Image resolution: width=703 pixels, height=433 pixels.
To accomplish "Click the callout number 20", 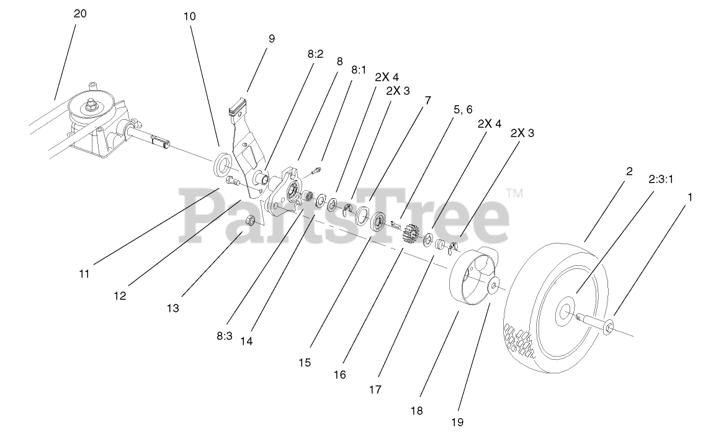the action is tap(80, 13).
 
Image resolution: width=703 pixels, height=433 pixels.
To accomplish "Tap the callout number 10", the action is tap(190, 16).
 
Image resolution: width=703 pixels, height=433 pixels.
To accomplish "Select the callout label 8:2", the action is tap(315, 54).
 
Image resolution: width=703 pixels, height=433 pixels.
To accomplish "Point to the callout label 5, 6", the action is tap(463, 109).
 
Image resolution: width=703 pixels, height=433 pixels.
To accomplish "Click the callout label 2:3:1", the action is tap(661, 180).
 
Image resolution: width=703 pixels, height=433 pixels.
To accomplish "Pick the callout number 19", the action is tap(457, 422).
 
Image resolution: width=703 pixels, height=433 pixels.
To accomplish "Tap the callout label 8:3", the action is tap(224, 336).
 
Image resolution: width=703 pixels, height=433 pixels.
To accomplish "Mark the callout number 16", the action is tap(339, 375).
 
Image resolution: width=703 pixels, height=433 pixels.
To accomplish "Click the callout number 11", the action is tap(84, 273).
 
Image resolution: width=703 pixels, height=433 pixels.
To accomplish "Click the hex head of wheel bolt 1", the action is tap(609, 326).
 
